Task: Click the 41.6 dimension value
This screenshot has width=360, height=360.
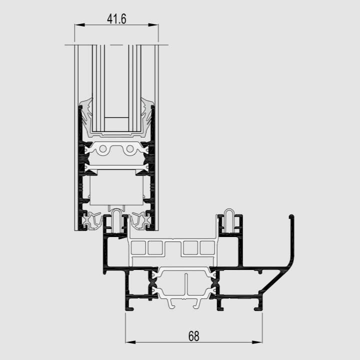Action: point(116,19)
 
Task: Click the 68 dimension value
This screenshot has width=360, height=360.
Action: point(194,336)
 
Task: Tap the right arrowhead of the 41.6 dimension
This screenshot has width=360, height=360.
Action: point(153,25)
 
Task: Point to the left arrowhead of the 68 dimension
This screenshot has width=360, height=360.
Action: point(130,342)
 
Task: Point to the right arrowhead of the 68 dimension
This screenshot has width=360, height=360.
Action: point(257,342)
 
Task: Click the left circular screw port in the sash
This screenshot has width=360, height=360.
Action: point(103,149)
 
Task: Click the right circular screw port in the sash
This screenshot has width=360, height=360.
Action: point(130,149)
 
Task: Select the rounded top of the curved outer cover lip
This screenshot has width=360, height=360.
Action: point(291,216)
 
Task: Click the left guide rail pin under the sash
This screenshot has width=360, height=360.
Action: point(117,220)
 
